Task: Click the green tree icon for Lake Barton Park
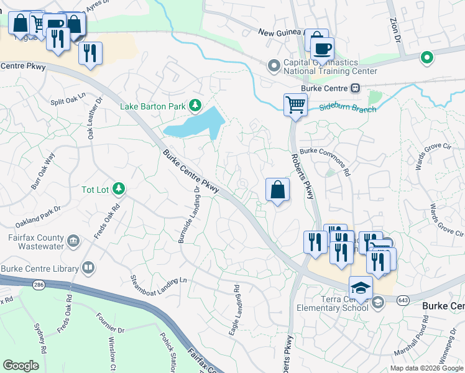pyautogui.click(x=196, y=106)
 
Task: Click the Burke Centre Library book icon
pyautogui.click(x=89, y=268)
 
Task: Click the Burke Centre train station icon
pyautogui.click(x=355, y=88)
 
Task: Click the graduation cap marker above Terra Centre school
pyautogui.click(x=361, y=287)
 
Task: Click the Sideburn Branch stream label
pyautogui.click(x=348, y=109)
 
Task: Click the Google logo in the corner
pyautogui.click(x=21, y=365)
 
